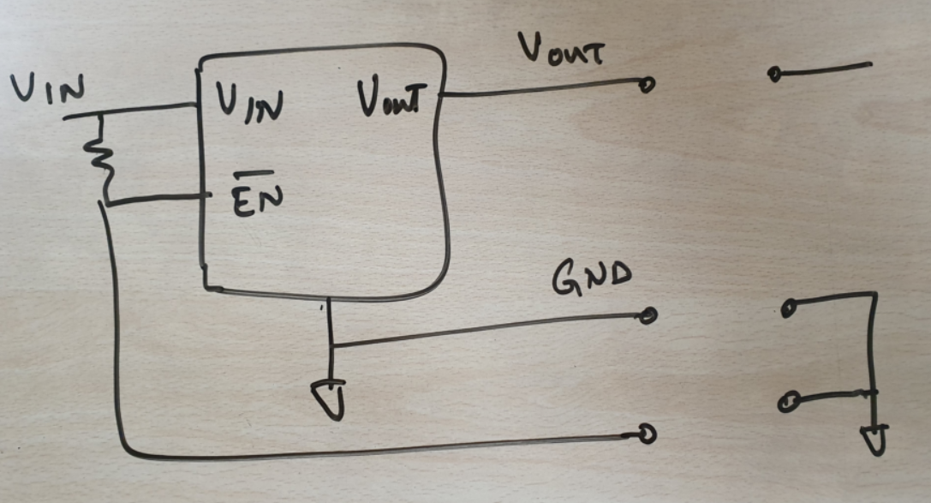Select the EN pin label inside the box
coord(255,197)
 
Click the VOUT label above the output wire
coord(560,51)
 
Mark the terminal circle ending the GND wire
coord(648,315)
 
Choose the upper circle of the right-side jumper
coord(789,305)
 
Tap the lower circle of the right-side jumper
coord(789,400)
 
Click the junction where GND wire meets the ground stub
coord(331,345)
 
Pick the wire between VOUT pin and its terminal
coord(540,87)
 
